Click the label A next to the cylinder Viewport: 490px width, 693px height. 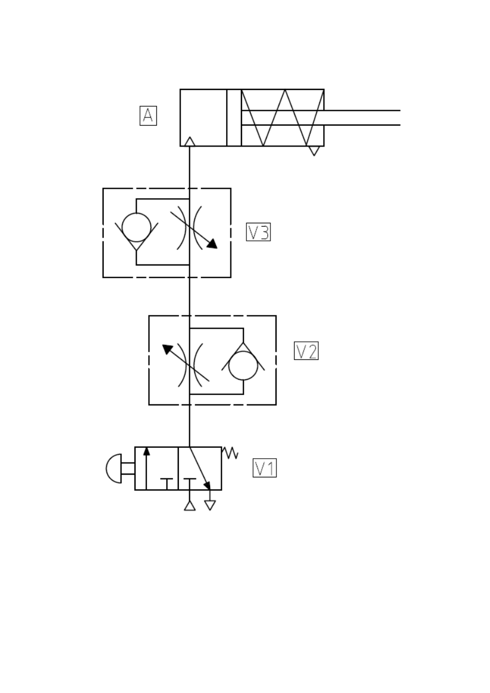(x=148, y=116)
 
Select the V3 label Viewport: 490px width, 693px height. (x=258, y=232)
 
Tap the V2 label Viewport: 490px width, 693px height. (x=306, y=351)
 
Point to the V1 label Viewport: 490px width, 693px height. (x=264, y=468)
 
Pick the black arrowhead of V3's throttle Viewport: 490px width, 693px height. (x=212, y=244)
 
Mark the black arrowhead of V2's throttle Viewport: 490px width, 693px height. (x=167, y=349)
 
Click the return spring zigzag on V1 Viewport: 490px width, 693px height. (x=230, y=453)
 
